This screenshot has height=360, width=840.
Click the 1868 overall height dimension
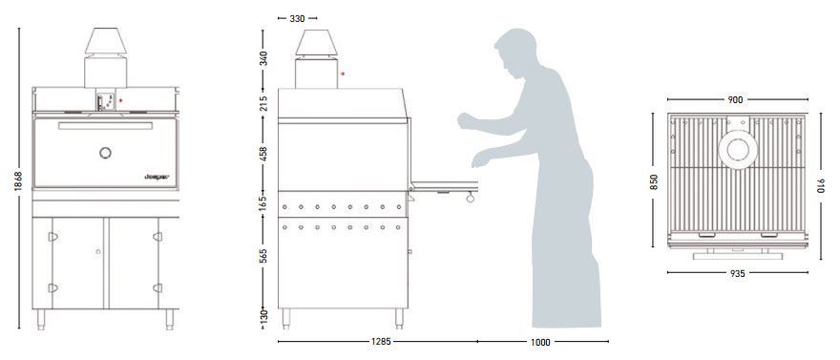point(10,179)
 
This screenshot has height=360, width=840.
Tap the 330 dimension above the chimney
point(297,19)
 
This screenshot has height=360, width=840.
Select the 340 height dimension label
point(263,55)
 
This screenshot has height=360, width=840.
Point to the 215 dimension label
point(263,103)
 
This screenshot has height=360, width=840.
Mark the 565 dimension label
point(263,256)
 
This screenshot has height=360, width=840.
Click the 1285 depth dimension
point(383,341)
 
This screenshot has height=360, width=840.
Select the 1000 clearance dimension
point(541,341)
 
